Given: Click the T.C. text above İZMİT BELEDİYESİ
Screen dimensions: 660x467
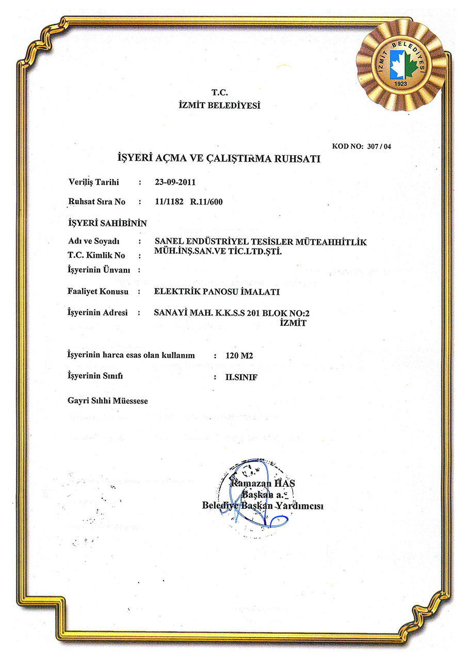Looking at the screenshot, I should [220, 93].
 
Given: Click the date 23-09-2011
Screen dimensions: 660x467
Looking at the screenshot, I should [175, 182].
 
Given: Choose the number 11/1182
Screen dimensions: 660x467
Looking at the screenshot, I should [169, 202].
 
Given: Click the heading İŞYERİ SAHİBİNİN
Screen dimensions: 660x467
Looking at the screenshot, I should [107, 223].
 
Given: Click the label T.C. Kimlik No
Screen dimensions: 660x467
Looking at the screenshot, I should [96, 255].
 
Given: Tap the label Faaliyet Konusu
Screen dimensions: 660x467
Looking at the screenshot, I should [98, 292].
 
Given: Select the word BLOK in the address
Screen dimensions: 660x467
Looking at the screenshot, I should [276, 313].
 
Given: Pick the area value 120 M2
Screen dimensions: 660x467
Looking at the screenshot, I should [240, 356].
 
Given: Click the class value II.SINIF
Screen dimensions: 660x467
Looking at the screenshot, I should [241, 377].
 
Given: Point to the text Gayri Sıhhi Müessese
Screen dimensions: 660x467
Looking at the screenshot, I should [108, 400].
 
